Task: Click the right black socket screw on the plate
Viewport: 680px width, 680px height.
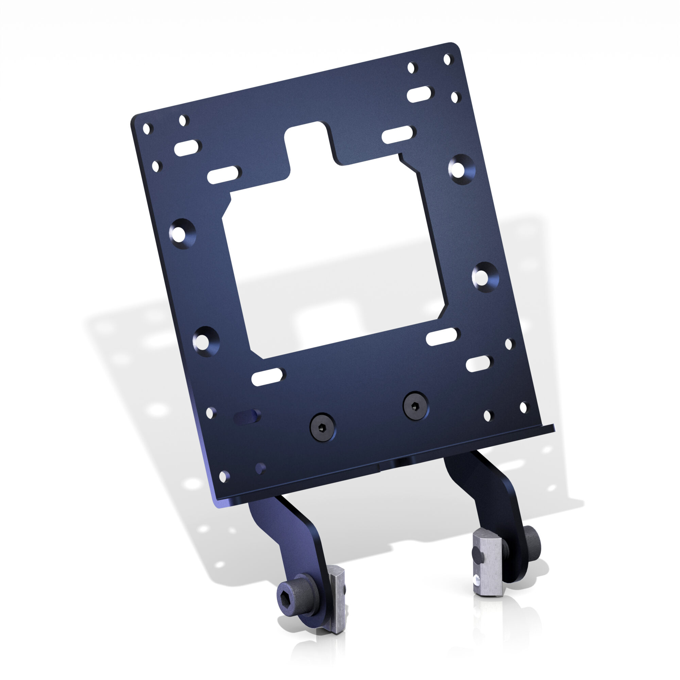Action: pyautogui.click(x=416, y=406)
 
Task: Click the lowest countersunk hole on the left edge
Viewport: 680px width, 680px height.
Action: pyautogui.click(x=206, y=341)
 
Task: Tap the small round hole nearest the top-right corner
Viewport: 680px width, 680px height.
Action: pyautogui.click(x=447, y=59)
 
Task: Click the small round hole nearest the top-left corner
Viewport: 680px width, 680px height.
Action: pyautogui.click(x=147, y=129)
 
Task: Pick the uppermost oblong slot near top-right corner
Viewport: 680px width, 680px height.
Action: pyautogui.click(x=420, y=94)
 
